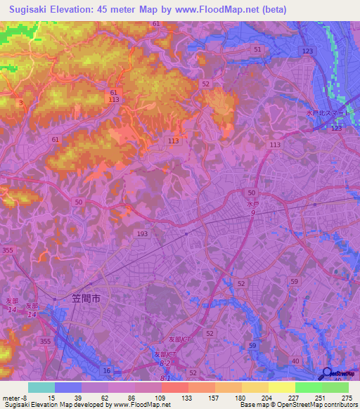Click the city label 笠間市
click(x=86, y=298)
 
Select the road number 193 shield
click(x=143, y=233)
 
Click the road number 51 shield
click(x=257, y=49)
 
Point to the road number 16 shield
click(x=107, y=370)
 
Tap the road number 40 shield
click(x=295, y=361)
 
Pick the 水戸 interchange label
click(x=253, y=204)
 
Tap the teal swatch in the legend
click(x=41, y=387)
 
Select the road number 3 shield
click(x=21, y=103)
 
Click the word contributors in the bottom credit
click(x=340, y=405)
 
